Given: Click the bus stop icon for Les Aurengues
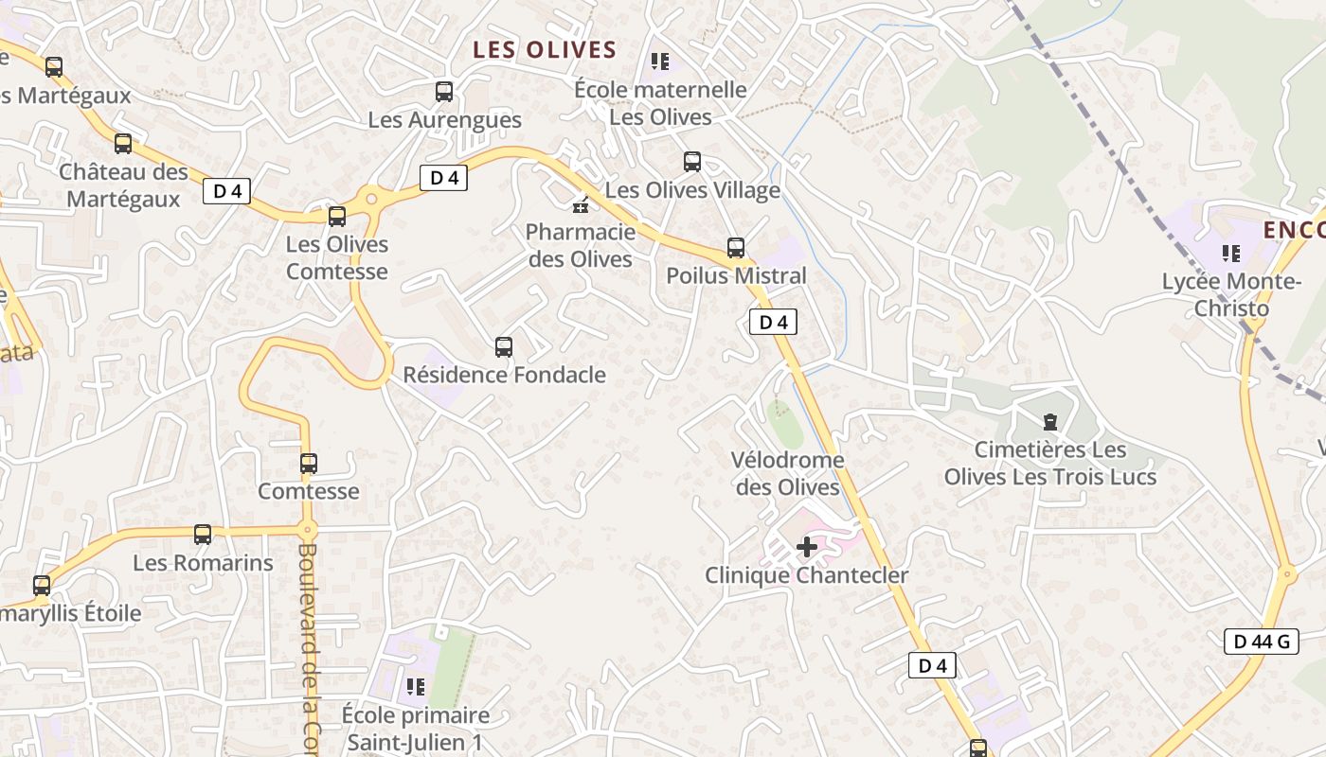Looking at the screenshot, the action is click(x=444, y=92).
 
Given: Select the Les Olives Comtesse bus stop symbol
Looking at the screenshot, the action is click(x=337, y=217).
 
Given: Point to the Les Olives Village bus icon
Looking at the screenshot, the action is click(x=692, y=162).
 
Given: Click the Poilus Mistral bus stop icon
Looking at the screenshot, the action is click(x=736, y=248).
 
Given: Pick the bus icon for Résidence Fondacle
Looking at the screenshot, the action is click(x=504, y=347).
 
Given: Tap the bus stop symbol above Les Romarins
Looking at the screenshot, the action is click(x=203, y=535).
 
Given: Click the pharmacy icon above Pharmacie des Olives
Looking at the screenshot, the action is click(x=581, y=203).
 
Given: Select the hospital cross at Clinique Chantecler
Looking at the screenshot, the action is click(x=807, y=547).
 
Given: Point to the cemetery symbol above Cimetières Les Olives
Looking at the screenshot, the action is click(x=1049, y=421).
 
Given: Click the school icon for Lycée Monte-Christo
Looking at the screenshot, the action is click(x=1231, y=253).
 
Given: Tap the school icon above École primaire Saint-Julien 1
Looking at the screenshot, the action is click(x=415, y=686).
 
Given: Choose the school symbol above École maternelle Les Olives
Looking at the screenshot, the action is click(x=660, y=62).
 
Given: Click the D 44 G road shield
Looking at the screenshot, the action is click(x=1261, y=642).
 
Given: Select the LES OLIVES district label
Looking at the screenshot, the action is click(x=545, y=50).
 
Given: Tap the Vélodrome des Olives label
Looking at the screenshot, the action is click(x=787, y=473).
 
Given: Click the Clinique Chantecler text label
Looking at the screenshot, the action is click(x=806, y=575).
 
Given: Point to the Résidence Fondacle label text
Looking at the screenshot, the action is click(x=504, y=375).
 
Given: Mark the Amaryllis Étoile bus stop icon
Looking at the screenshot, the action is click(x=42, y=586).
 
